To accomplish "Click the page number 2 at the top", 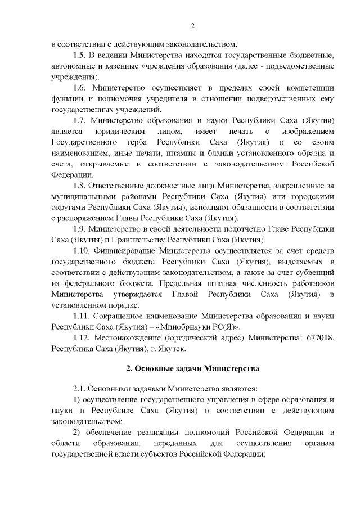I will coord(192,26).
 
